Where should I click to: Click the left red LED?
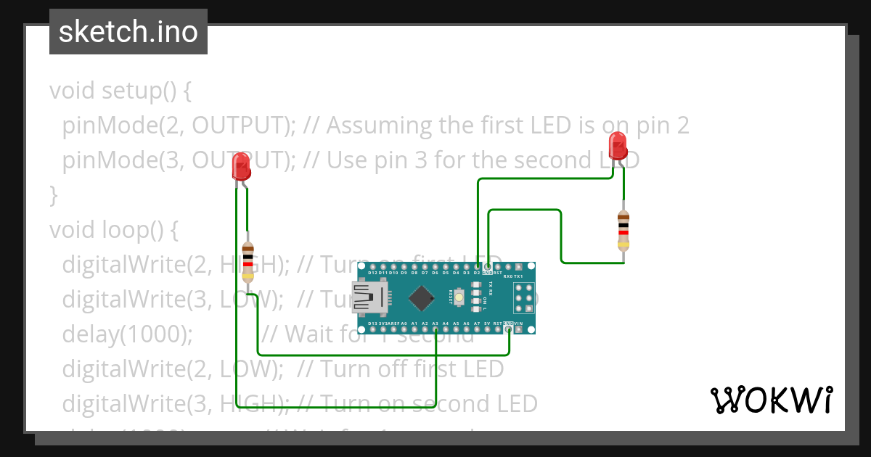click(x=240, y=167)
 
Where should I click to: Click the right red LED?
click(x=618, y=146)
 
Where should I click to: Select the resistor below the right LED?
click(x=623, y=230)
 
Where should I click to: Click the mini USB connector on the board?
click(x=371, y=297)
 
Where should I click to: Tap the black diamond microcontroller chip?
click(x=422, y=298)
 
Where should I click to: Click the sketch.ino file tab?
click(x=128, y=32)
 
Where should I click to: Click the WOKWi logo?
click(x=771, y=400)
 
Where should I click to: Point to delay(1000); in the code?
click(x=128, y=334)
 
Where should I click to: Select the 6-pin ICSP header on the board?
click(x=523, y=298)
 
